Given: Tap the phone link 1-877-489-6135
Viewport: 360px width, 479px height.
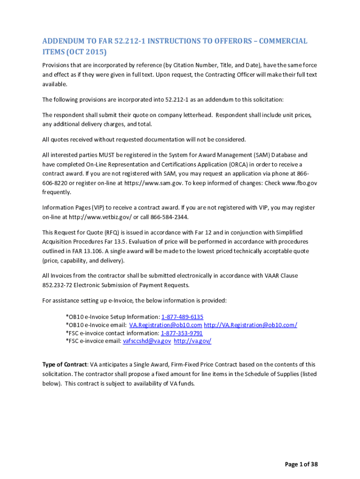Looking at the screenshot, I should point(182,317).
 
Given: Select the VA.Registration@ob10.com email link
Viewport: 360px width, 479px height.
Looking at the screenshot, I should point(166,325).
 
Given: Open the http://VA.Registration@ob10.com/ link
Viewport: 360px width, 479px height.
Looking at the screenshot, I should point(251,325).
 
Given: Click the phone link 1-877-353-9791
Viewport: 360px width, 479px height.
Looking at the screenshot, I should point(181,333).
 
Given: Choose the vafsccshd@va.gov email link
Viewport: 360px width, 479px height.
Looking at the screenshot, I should point(147,341).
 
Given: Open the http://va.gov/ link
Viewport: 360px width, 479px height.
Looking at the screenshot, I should point(193,341).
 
